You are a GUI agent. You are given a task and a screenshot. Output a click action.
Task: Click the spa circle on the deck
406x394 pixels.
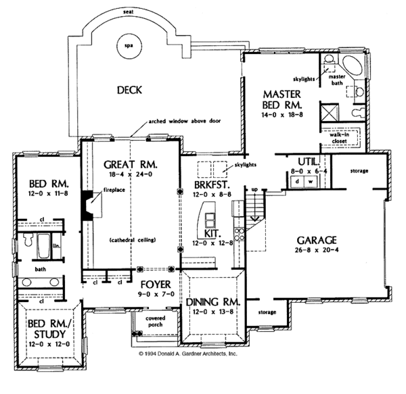(x=129, y=46)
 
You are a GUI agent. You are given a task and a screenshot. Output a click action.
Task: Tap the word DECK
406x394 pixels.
(x=130, y=90)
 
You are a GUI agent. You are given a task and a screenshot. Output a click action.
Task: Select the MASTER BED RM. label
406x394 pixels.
(x=282, y=99)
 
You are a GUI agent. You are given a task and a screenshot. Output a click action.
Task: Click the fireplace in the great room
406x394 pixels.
(x=88, y=206)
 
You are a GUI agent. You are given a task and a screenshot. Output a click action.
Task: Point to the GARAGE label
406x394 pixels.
(x=317, y=240)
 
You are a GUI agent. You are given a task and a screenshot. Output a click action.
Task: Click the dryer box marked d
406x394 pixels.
(x=297, y=182)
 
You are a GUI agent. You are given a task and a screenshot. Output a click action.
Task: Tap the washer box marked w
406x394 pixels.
(x=311, y=182)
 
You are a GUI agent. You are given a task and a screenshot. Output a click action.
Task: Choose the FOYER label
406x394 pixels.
(x=156, y=285)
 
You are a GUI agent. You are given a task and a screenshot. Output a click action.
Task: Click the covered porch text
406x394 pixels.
(x=156, y=322)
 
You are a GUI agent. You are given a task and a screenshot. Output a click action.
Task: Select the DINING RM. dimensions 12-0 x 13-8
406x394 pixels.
(x=213, y=312)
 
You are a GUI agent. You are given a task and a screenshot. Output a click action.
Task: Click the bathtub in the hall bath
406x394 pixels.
(x=44, y=246)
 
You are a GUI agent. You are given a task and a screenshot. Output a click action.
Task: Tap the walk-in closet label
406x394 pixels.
(x=339, y=138)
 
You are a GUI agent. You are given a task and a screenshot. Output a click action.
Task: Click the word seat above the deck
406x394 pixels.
(x=129, y=12)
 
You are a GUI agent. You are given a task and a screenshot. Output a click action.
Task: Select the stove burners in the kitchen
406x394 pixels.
(x=239, y=234)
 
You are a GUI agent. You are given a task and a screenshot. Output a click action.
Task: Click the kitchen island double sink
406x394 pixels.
(x=210, y=220)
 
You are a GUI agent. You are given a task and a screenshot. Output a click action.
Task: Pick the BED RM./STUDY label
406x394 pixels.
(x=50, y=328)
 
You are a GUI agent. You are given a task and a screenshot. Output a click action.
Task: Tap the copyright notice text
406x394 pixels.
(x=188, y=353)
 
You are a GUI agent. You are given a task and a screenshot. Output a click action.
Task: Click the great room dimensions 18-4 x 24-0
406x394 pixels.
(x=131, y=174)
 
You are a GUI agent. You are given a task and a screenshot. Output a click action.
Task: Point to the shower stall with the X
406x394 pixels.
(x=330, y=112)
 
